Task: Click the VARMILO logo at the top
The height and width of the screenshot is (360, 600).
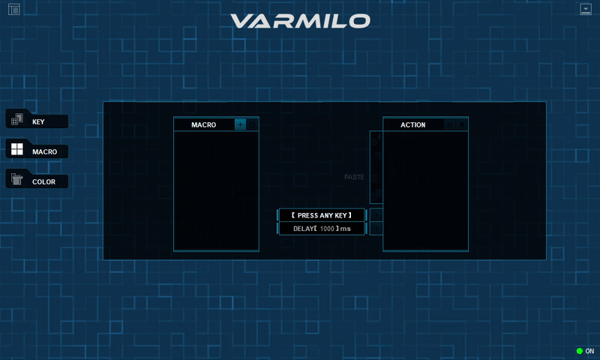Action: coord(301,21)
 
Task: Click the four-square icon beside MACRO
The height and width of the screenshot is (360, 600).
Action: coord(16,149)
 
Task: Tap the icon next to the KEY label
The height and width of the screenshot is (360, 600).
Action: coord(16,119)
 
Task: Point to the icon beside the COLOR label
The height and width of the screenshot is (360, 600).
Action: coord(16,179)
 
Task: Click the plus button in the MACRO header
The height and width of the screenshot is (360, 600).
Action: coord(240,124)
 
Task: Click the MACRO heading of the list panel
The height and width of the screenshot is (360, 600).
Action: coord(203,124)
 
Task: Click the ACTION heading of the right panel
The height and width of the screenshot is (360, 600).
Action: coord(413,124)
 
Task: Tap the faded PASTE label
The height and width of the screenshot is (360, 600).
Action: coord(354,177)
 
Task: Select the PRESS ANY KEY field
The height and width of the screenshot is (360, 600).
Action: coord(322,215)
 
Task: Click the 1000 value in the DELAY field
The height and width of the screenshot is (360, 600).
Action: coord(327,229)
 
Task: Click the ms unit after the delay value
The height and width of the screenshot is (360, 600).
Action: coord(346,229)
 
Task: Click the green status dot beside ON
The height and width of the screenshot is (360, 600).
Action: coord(579,351)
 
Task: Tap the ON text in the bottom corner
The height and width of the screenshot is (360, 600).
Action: coord(589,351)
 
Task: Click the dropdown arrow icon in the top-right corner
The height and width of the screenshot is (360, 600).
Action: coord(586,9)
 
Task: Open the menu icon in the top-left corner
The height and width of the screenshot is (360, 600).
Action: coord(14,9)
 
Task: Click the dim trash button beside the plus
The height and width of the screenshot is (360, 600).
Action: coord(253,124)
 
